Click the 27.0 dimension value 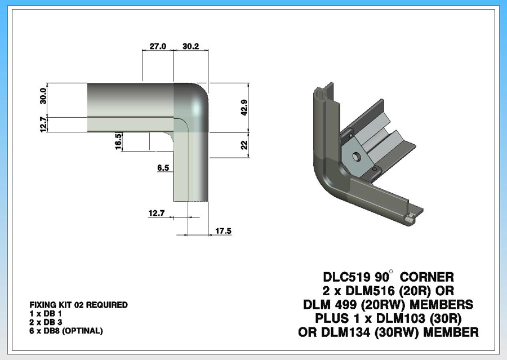[x=158, y=46]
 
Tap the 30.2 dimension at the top [x=191, y=46]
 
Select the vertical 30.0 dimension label [x=43, y=96]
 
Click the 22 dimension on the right [x=244, y=144]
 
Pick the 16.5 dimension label [x=118, y=141]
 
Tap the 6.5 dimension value [x=163, y=167]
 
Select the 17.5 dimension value [x=224, y=231]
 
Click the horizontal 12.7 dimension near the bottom [x=157, y=213]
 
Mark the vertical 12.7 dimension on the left [x=43, y=125]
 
